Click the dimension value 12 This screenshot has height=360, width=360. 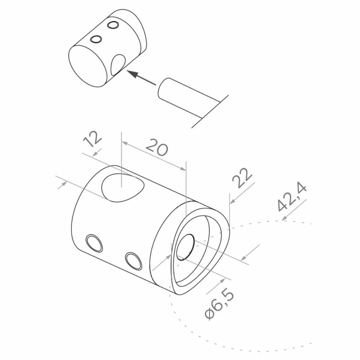pyautogui.click(x=92, y=139)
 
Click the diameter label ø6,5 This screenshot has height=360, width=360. pyautogui.click(x=219, y=305)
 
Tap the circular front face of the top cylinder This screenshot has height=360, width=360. pyautogui.click(x=87, y=66)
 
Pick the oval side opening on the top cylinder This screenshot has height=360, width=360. pyautogui.click(x=118, y=64)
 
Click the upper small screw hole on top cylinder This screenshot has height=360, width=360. pyautogui.click(x=113, y=25)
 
